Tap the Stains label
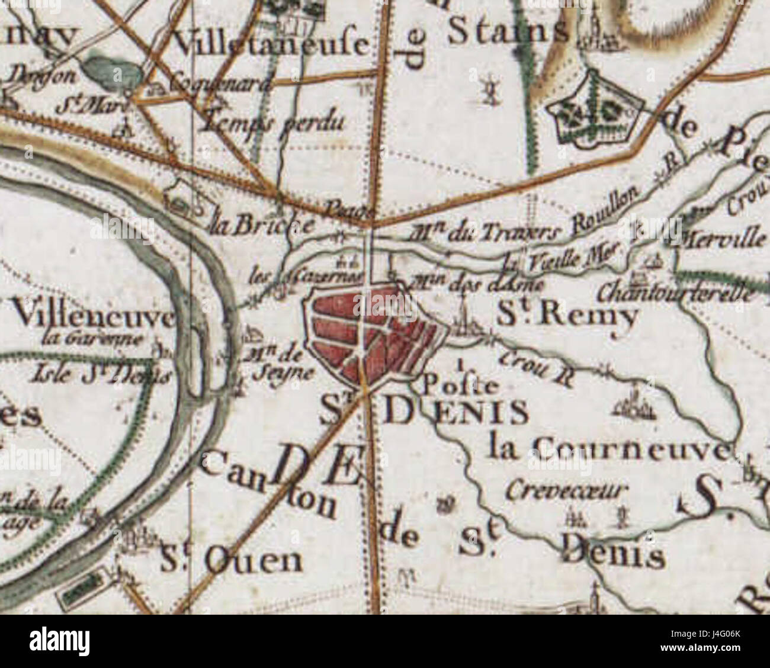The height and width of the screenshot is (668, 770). pos(507,32)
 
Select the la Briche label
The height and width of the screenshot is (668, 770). pos(262,224)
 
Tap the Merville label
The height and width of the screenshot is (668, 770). pos(724,239)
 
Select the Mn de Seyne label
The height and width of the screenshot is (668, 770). pos(277,364)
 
